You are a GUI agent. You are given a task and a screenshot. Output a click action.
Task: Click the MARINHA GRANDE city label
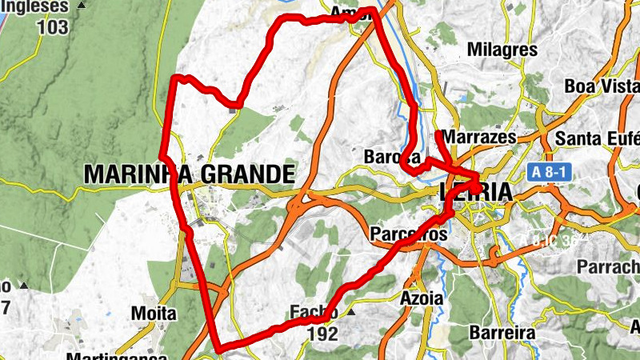[x=189, y=174]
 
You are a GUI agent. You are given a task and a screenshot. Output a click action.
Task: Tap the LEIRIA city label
[x=475, y=194]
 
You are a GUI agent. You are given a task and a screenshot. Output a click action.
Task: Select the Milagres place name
[x=502, y=50]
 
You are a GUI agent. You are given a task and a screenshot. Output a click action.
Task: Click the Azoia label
[x=420, y=298]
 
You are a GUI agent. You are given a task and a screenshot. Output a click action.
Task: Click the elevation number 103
[x=53, y=26]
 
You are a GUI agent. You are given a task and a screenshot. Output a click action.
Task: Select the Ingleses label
[x=36, y=6]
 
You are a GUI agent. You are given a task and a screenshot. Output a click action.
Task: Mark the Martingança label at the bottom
[x=116, y=355]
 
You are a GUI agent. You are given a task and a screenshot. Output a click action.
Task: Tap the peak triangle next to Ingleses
[x=82, y=6]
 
